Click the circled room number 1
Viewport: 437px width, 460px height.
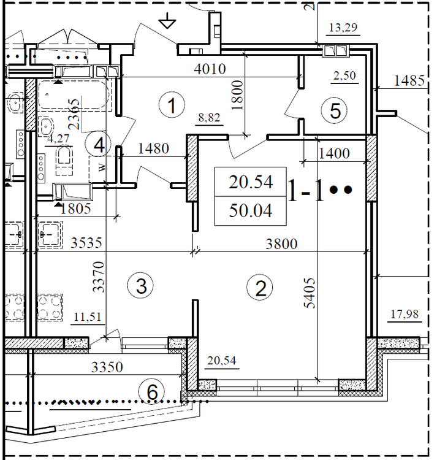pos(172,105)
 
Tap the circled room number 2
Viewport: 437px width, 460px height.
pos(260,288)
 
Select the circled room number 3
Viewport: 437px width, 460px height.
pos(140,285)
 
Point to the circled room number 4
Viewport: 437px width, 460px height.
pos(99,145)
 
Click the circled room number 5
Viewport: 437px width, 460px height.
pos(335,110)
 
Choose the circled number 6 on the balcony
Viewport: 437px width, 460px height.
pos(151,391)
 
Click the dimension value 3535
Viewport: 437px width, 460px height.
pos(85,243)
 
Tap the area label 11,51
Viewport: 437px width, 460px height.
pos(87,317)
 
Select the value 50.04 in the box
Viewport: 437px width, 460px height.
pos(250,211)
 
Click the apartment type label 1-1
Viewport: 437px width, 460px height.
pos(306,191)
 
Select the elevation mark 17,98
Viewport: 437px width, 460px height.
pos(404,315)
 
